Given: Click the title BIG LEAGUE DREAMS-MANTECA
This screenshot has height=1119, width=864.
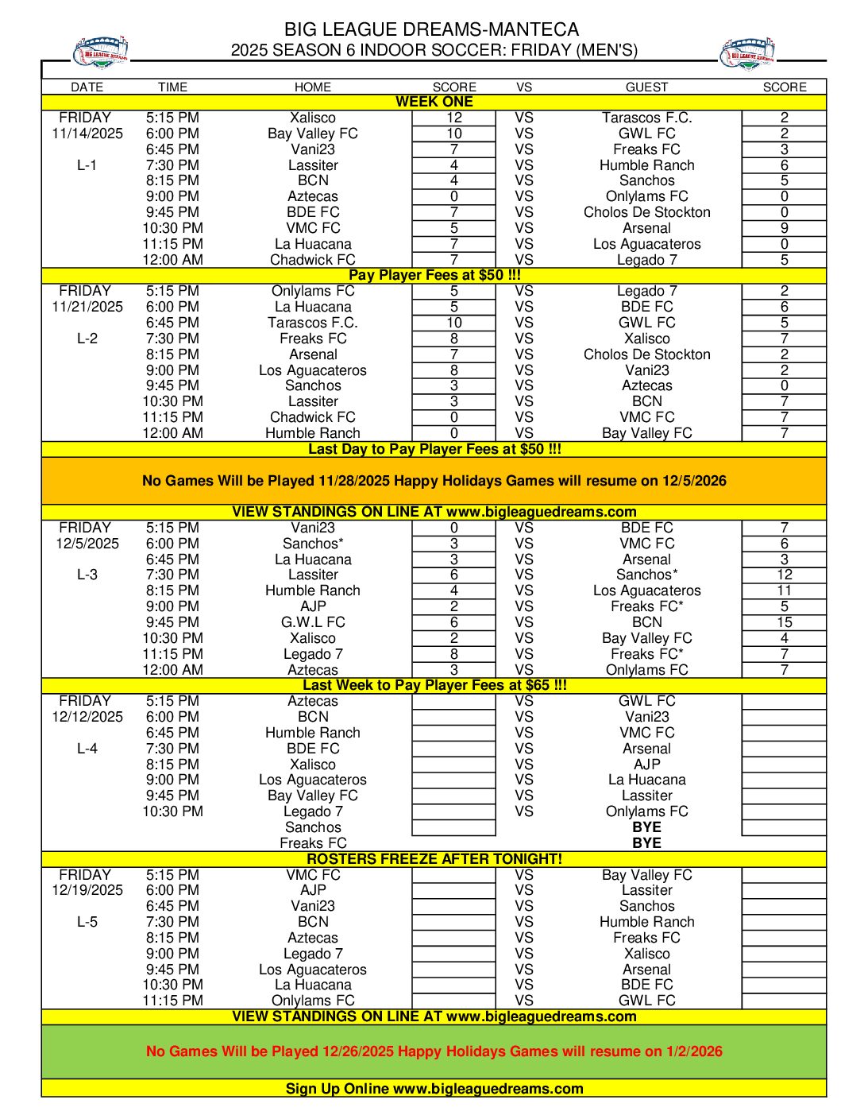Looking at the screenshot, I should click(x=432, y=30).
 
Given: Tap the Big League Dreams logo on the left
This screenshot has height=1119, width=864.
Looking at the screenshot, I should click(x=100, y=52).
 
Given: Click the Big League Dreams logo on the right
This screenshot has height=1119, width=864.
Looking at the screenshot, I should click(x=746, y=54).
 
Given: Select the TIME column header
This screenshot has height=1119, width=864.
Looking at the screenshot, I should click(x=172, y=87).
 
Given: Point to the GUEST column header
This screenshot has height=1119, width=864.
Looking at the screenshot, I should click(x=646, y=87).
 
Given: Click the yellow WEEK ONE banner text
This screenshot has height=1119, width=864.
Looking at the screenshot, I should click(x=434, y=102).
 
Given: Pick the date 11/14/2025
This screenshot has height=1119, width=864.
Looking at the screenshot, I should click(x=87, y=134).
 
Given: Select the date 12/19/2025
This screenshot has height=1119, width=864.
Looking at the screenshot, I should click(x=87, y=890).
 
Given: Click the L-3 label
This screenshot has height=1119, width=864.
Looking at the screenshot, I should click(x=87, y=575).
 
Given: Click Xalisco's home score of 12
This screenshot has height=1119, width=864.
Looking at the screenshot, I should click(x=454, y=118).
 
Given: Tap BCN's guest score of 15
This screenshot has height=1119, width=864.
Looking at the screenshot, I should click(x=784, y=622).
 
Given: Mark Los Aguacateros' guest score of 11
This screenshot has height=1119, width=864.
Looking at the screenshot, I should click(x=784, y=590).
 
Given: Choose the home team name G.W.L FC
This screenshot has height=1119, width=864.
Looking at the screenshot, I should click(x=313, y=622).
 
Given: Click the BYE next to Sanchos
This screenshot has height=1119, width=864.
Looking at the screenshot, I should click(x=646, y=827).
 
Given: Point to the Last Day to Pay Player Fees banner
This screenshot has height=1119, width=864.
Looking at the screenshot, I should click(x=434, y=449).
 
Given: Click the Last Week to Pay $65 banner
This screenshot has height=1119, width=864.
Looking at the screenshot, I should click(x=434, y=685).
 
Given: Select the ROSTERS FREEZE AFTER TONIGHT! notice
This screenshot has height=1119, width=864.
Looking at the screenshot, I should click(x=434, y=859).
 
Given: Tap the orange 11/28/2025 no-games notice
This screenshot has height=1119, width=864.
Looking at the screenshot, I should click(x=434, y=481).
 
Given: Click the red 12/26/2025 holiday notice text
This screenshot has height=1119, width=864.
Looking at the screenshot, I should click(x=434, y=1051).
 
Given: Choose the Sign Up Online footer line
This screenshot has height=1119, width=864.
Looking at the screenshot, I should click(x=434, y=1089).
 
